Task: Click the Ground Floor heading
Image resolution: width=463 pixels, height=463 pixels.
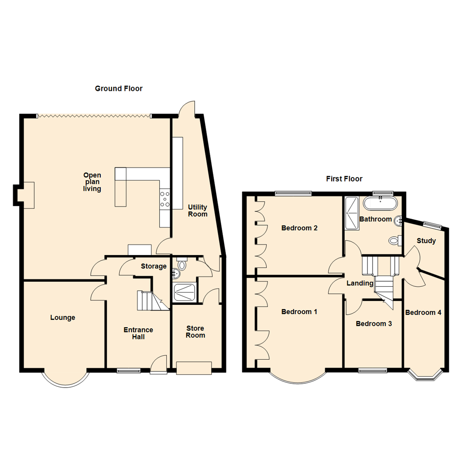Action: pyautogui.click(x=118, y=89)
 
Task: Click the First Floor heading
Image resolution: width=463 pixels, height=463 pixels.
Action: pyautogui.click(x=344, y=179)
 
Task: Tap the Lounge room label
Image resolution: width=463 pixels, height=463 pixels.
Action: pyautogui.click(x=63, y=318)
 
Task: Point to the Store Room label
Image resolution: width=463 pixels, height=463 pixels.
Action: pyautogui.click(x=195, y=332)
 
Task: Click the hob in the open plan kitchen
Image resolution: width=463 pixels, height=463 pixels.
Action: pyautogui.click(x=165, y=199)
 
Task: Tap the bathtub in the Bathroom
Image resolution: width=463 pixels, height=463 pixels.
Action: pyautogui.click(x=380, y=203)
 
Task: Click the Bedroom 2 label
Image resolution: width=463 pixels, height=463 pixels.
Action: pyautogui.click(x=299, y=228)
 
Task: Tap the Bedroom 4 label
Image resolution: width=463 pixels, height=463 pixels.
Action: pyautogui.click(x=423, y=313)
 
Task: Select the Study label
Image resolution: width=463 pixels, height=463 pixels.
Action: pyautogui.click(x=427, y=241)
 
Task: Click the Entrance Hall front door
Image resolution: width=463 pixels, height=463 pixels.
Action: pyautogui.click(x=159, y=364)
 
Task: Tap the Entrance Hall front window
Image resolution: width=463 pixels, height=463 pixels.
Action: pyautogui.click(x=129, y=370)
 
